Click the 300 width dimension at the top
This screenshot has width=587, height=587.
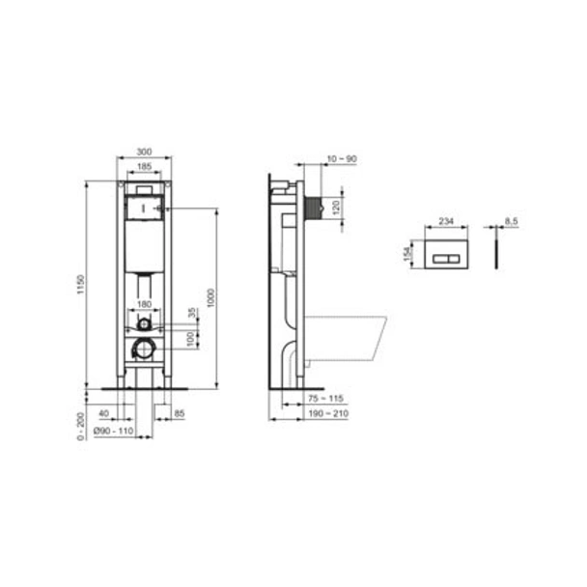point(144,153)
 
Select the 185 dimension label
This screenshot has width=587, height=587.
point(144,167)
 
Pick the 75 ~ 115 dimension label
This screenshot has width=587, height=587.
point(324,399)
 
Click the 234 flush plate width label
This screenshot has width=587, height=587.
point(447,221)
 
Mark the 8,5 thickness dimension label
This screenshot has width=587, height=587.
point(512,221)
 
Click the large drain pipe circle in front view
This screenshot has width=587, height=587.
point(144,349)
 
